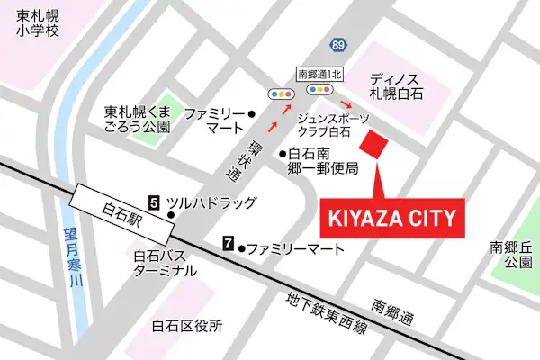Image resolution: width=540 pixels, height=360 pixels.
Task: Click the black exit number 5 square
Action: coord(154,203)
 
